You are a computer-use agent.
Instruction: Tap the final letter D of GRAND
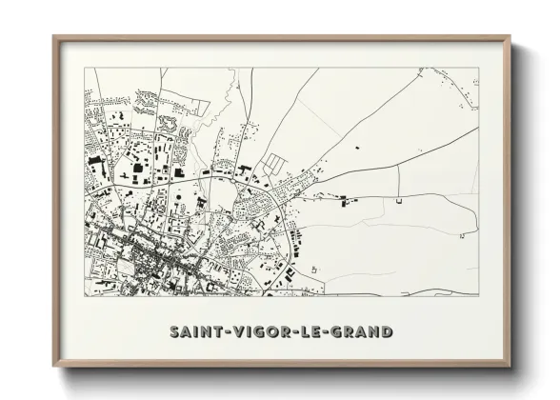(387, 332)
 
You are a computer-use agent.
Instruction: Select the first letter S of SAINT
(175, 332)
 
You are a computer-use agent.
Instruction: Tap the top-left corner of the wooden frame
(54, 38)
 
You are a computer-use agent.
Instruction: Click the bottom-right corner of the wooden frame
(510, 366)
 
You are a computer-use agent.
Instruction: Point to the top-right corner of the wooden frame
(510, 38)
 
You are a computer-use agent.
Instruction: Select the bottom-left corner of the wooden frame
(54, 366)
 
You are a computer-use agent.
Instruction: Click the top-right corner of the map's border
(478, 68)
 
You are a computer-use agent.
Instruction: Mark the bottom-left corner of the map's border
(85, 295)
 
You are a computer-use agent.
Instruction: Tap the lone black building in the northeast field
(356, 149)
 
